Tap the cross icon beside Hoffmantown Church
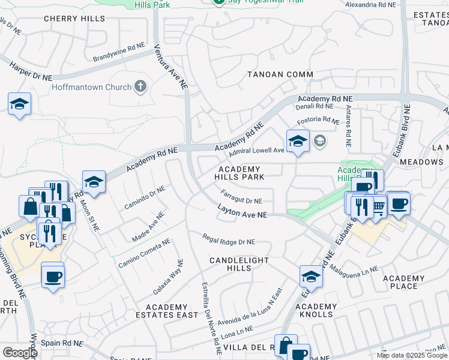pos(140,87)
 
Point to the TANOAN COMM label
pos(280,74)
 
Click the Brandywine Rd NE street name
pos(119,52)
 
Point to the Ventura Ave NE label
pos(169,66)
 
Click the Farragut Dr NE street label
pos(241,197)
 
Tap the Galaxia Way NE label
pos(167,277)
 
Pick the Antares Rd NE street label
pos(348,127)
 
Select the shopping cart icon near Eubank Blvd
pos(378,206)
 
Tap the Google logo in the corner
pos(19,353)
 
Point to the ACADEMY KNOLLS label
pos(315,310)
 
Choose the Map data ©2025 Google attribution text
pos(411,355)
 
